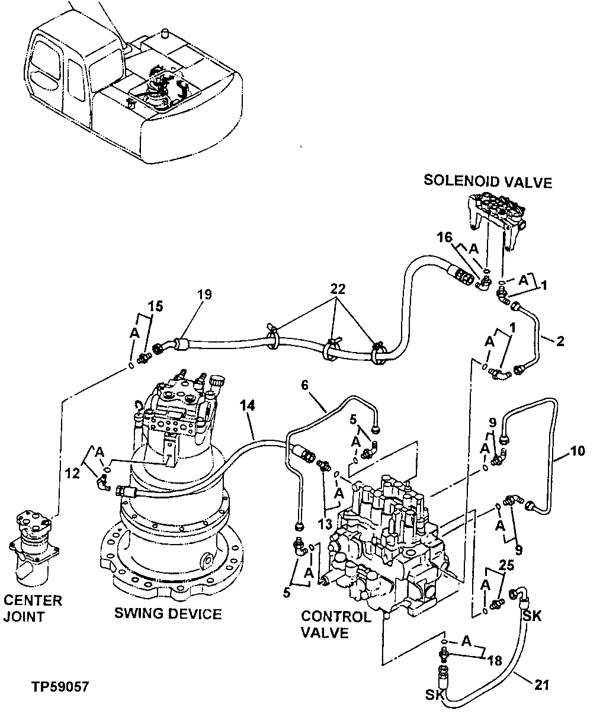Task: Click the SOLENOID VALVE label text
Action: point(487,181)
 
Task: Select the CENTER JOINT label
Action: point(32,609)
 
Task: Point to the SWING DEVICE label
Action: point(168,613)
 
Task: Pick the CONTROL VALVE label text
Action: point(336,625)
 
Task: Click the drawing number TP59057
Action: point(60,687)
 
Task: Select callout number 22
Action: point(337,289)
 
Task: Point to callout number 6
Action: point(305,385)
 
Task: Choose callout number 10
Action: point(577,451)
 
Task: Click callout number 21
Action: point(541,686)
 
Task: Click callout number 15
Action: point(155,307)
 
